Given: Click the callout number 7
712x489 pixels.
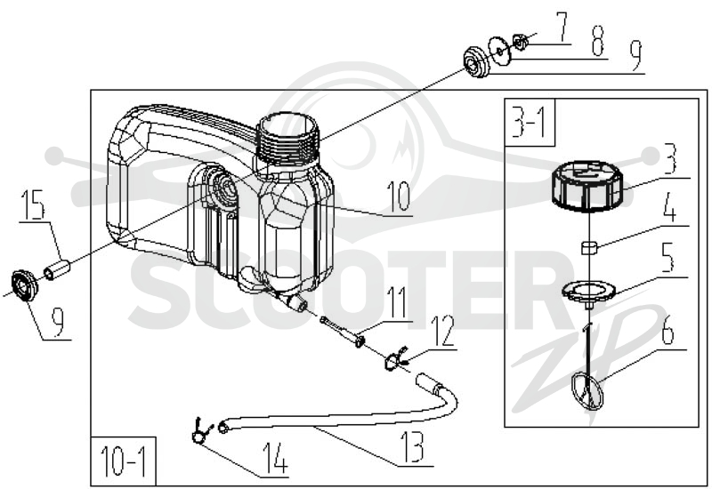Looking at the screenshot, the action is click(562, 28).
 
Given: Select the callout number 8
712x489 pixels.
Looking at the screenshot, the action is click(597, 41).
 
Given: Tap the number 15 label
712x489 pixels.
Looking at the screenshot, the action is click(33, 205).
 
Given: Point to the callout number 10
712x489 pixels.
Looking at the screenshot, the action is click(398, 197).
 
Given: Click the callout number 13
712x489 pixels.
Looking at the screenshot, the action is click(412, 447).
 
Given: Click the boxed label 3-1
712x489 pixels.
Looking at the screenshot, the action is click(529, 122).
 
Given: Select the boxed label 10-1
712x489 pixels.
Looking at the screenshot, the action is click(123, 461).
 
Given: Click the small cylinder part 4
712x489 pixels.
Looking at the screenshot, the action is click(589, 248).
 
